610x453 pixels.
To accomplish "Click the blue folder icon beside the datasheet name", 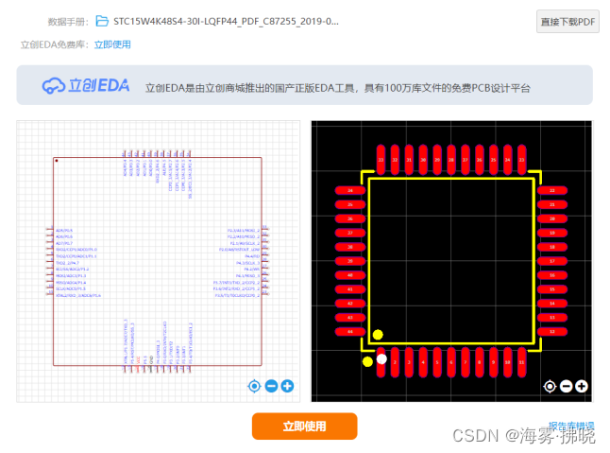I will (102, 21).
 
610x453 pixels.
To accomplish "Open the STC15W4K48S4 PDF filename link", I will (227, 21).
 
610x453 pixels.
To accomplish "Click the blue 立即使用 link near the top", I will (112, 44).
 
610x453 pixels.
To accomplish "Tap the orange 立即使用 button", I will (304, 427).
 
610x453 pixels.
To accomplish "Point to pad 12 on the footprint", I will (552, 331).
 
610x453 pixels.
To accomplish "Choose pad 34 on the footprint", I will (350, 190).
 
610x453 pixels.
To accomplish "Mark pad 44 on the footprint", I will (350, 331).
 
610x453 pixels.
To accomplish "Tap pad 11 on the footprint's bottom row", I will (522, 361).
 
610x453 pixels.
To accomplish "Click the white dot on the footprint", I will (381, 358).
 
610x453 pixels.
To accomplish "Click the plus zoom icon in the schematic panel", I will (287, 386).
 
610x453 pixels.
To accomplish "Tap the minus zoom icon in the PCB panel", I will (566, 386).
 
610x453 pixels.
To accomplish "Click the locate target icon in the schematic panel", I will (254, 386).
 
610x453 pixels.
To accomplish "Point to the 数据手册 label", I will (67, 21).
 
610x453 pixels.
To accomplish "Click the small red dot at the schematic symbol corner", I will (57, 162).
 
